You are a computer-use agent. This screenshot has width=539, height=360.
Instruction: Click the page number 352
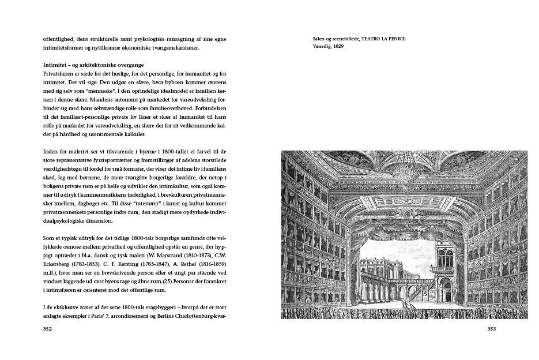pos(48,329)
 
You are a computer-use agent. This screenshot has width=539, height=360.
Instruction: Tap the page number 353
pos(491,329)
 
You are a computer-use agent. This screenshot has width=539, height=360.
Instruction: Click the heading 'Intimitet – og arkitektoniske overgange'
pos(93,65)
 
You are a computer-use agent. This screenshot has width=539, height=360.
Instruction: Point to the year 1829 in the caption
pos(338,46)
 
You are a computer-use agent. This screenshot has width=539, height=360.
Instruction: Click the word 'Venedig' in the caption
pos(322,46)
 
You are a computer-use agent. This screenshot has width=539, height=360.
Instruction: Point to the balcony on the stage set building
pos(441,269)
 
